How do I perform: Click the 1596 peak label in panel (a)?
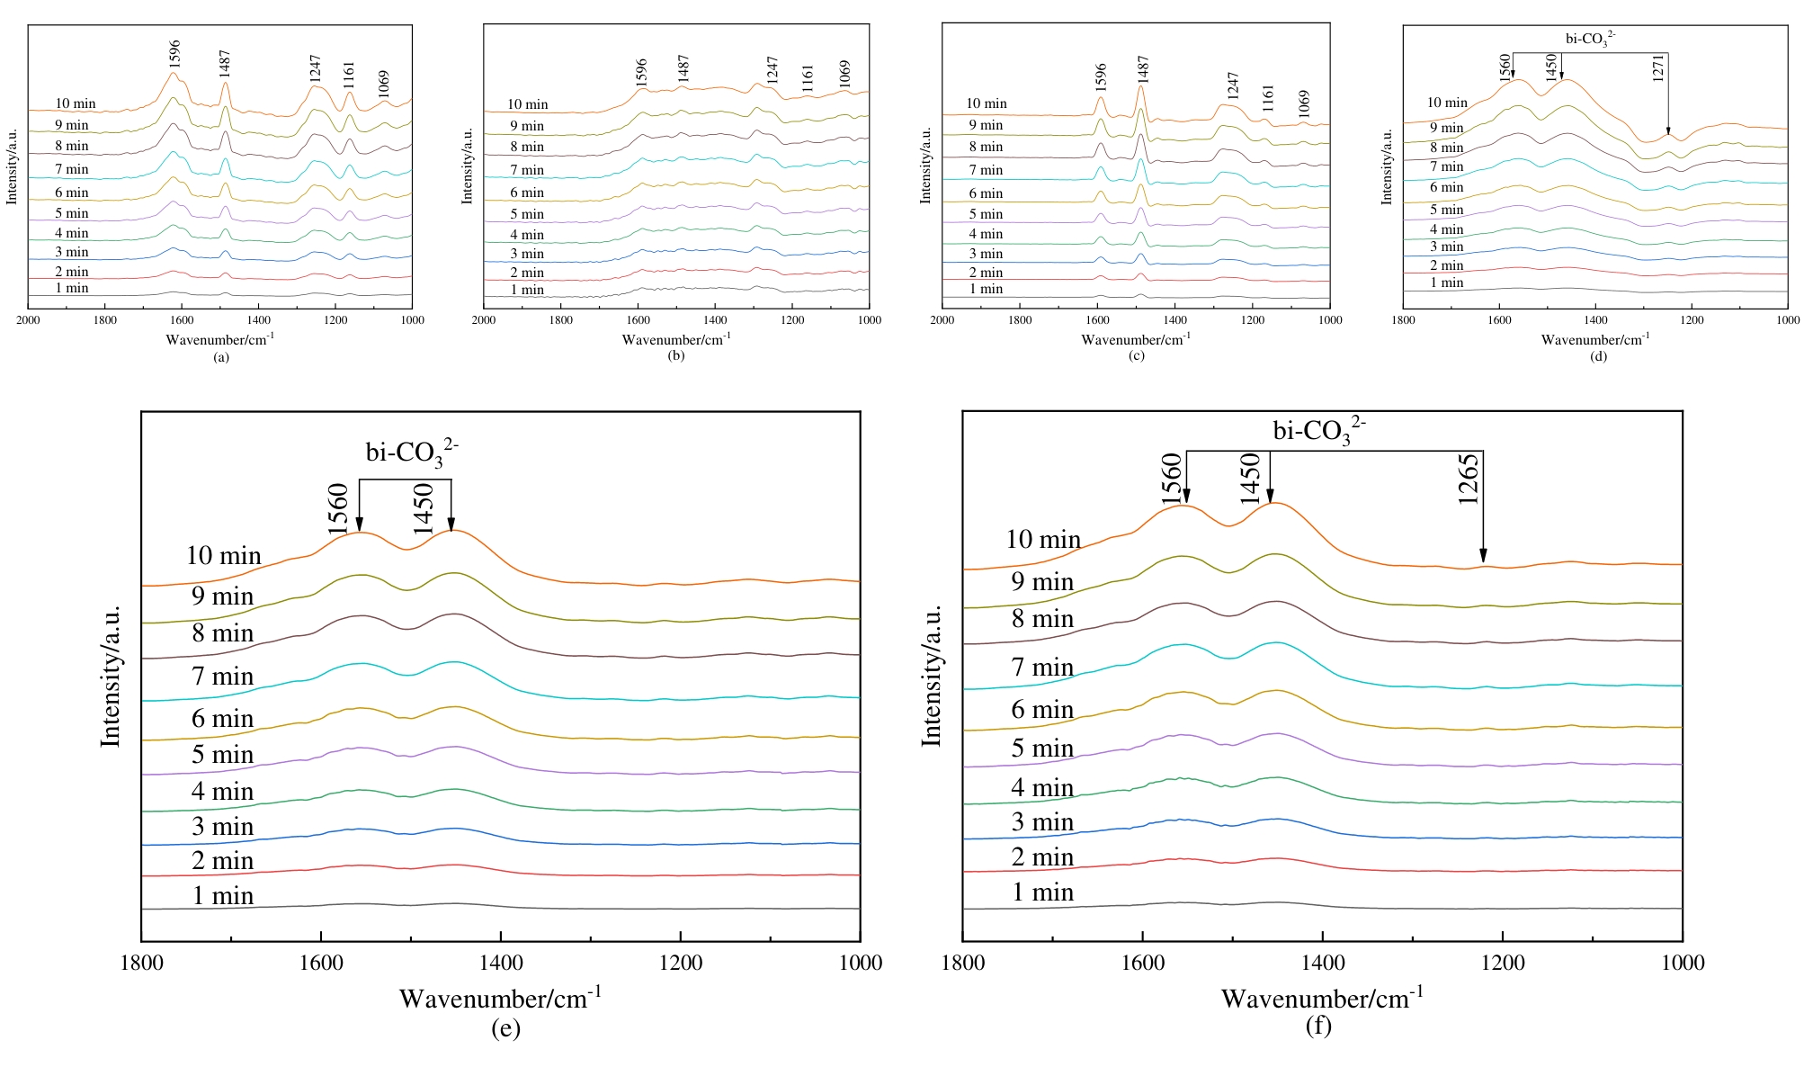tap(175, 53)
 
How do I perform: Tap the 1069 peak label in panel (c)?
tap(1304, 103)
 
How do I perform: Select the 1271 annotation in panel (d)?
tap(1658, 68)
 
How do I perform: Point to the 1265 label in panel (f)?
tap(1468, 480)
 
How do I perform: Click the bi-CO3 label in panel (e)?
tap(412, 452)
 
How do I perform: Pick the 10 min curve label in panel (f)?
tap(1043, 540)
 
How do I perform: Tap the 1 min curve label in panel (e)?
tap(223, 896)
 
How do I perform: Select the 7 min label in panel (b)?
tap(527, 170)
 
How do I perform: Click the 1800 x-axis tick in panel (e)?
tap(141, 964)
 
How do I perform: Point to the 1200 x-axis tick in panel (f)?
tap(1502, 964)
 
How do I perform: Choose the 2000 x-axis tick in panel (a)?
tap(29, 320)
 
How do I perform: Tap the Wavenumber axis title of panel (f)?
tap(1322, 998)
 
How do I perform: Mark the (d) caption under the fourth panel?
tap(1598, 356)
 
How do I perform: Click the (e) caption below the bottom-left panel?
tap(505, 1029)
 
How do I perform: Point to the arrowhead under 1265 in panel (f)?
tap(1483, 557)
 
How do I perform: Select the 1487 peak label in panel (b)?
tap(683, 70)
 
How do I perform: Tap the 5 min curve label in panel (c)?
tap(986, 214)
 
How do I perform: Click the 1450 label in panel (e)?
tap(424, 509)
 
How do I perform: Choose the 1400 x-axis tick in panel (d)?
tap(1595, 320)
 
